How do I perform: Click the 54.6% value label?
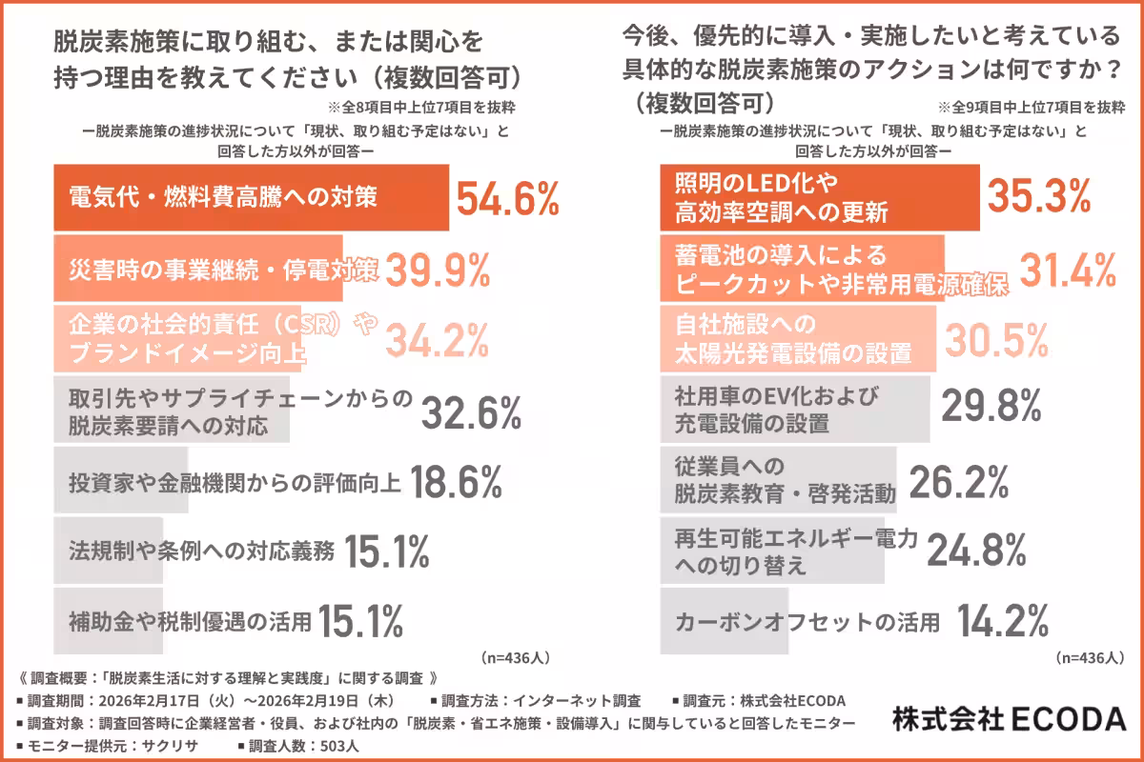click(x=507, y=199)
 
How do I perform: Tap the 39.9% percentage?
click(x=438, y=272)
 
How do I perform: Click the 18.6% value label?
click(x=456, y=484)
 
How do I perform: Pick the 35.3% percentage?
click(x=1038, y=196)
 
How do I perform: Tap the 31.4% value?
click(x=1068, y=271)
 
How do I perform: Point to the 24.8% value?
click(x=976, y=550)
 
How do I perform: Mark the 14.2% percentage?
click(x=1003, y=623)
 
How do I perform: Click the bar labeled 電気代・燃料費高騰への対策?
click(x=250, y=198)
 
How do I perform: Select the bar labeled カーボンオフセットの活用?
click(x=725, y=623)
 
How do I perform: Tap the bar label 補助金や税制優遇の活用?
click(x=191, y=623)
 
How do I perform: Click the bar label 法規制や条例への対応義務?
click(x=202, y=551)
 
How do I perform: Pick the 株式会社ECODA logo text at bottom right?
click(x=1010, y=718)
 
